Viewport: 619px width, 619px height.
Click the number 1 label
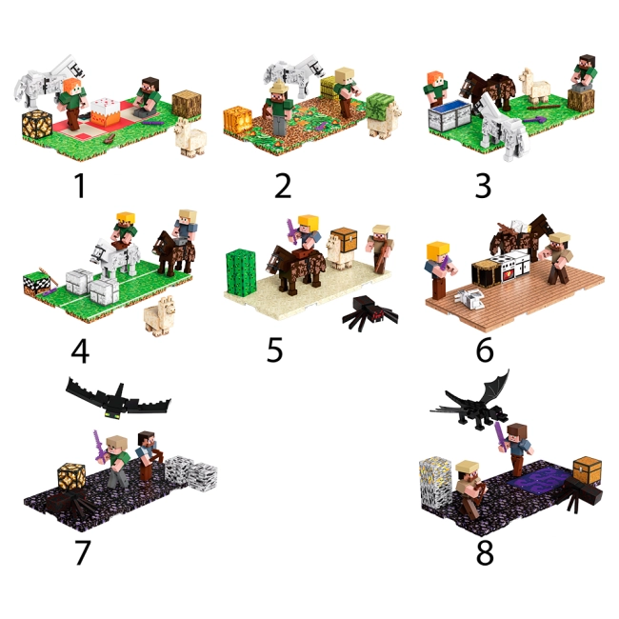80,186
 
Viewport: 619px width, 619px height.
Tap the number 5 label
275,349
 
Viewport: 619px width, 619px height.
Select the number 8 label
485,552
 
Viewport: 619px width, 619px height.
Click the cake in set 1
106,110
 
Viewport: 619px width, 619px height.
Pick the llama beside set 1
190,137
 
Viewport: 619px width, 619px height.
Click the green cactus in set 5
241,272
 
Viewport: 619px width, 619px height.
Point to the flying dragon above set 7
118,399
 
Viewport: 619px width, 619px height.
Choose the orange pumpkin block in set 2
238,119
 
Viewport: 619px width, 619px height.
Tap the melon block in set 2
381,107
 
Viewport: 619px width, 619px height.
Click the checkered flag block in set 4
37,284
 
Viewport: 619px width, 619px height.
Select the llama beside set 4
160,316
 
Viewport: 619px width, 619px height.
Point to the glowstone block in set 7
71,477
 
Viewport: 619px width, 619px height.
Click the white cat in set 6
469,298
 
